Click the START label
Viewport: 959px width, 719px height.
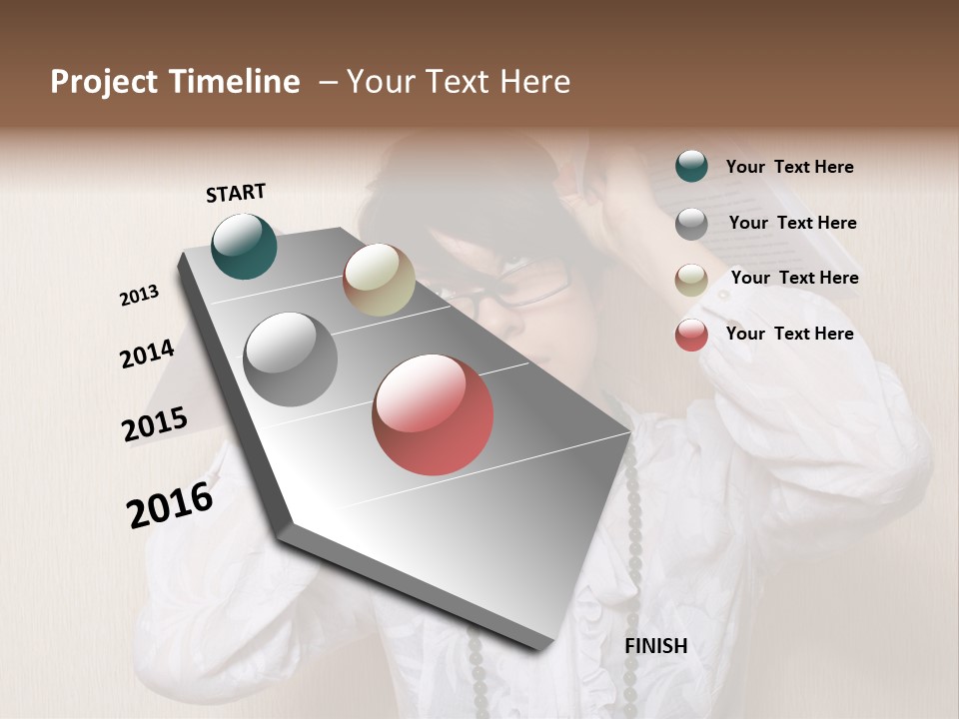click(x=236, y=193)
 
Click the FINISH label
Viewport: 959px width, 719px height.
click(x=655, y=646)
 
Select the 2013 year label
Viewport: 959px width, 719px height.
click(x=139, y=296)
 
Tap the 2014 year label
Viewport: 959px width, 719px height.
click(x=147, y=354)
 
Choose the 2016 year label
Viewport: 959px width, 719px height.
click(x=170, y=504)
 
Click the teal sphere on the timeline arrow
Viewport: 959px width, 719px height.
click(x=244, y=246)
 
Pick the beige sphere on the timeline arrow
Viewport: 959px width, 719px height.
click(x=379, y=280)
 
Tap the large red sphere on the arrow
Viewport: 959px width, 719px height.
click(x=433, y=414)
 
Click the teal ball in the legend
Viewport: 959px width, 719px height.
click(x=691, y=166)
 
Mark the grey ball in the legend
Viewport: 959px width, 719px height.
click(x=691, y=224)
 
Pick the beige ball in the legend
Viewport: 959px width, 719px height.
click(x=691, y=280)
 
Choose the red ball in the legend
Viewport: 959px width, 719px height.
click(x=691, y=335)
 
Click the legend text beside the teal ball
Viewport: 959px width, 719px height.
click(x=789, y=167)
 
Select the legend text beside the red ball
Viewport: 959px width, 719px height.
click(x=789, y=334)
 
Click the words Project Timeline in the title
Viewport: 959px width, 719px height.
click(x=175, y=82)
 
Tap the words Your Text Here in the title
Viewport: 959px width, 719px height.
click(x=459, y=82)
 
